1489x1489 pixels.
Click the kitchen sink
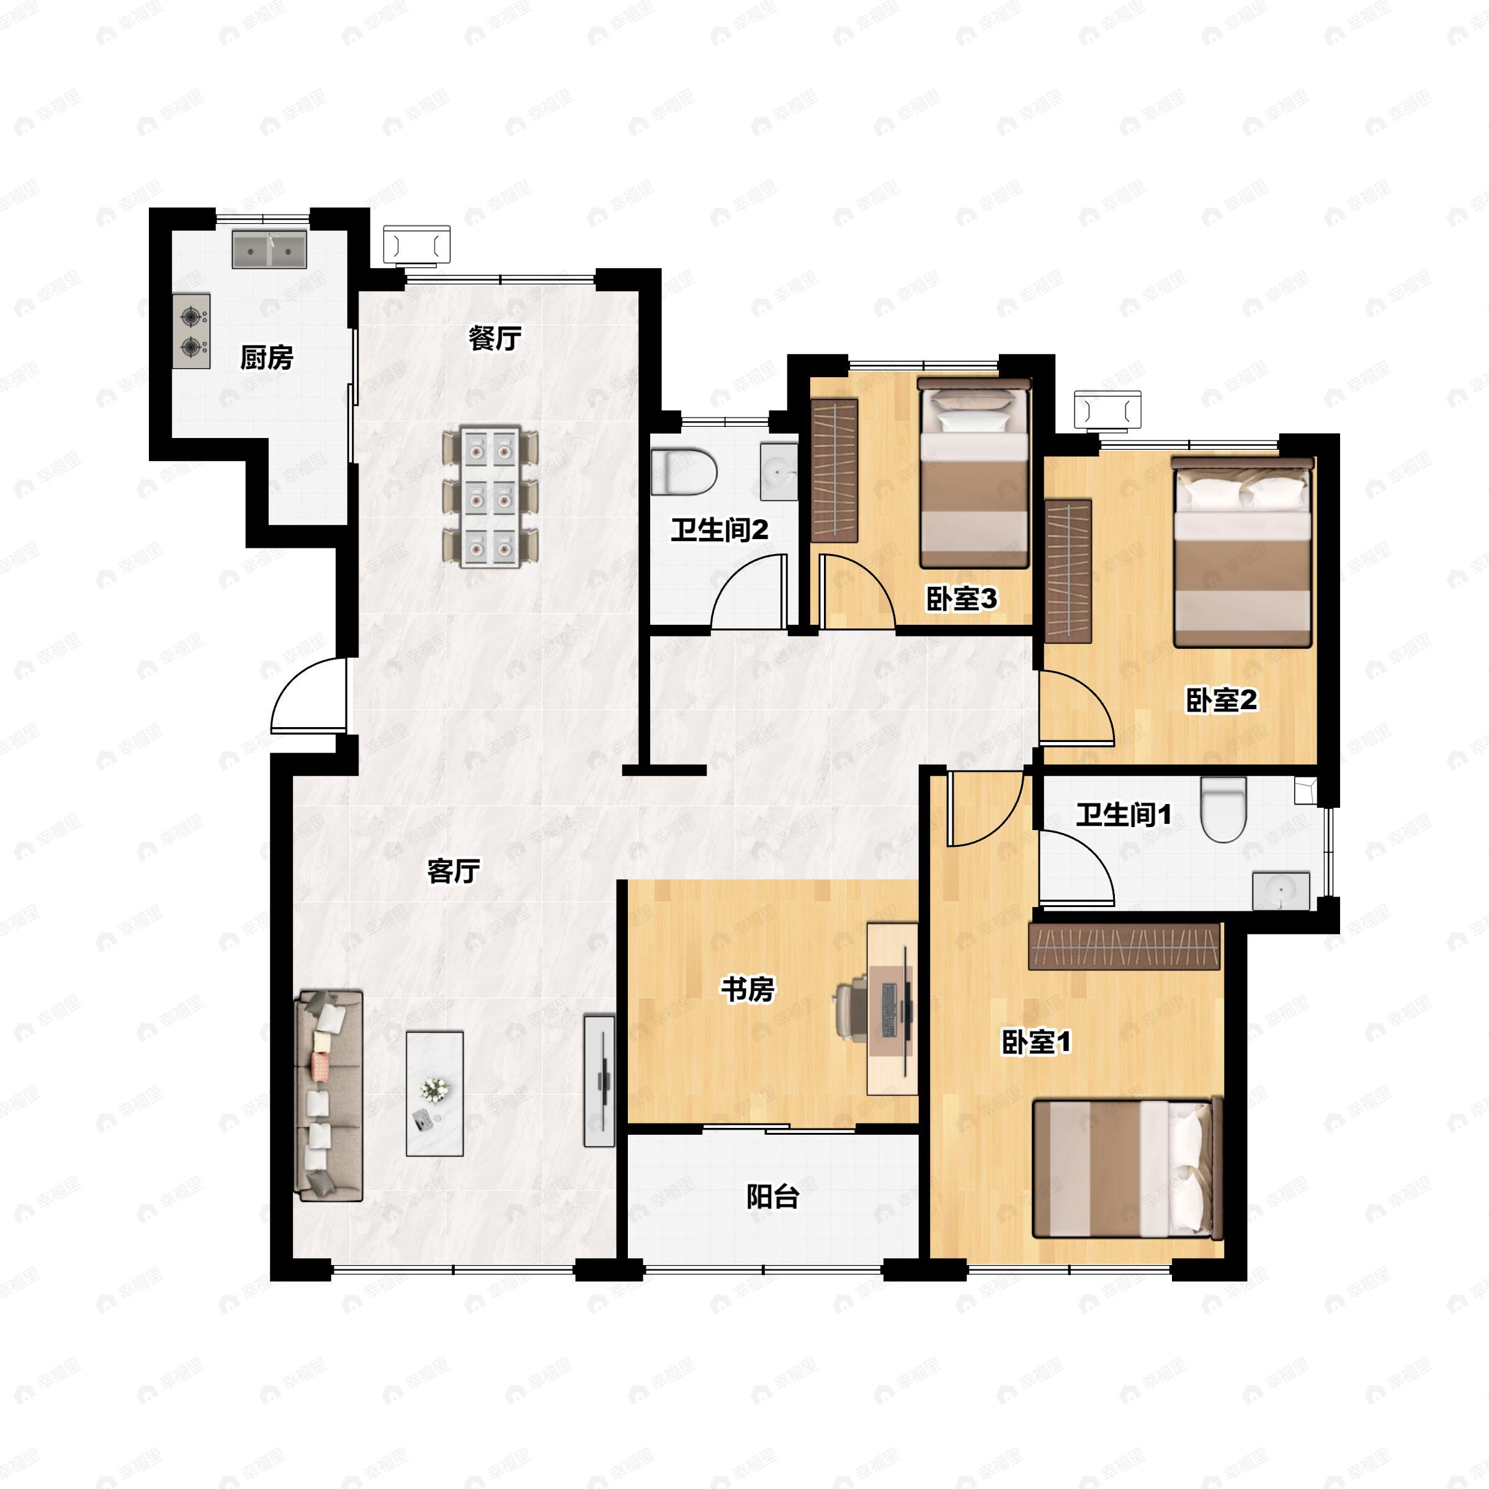[x=270, y=249]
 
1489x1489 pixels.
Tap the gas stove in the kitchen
[x=191, y=331]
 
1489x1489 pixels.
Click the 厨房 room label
[x=267, y=357]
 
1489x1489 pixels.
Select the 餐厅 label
[x=495, y=338]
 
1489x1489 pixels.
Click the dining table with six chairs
[x=490, y=497]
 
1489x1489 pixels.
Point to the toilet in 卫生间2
[x=684, y=472]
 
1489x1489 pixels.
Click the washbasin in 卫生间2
[x=779, y=471]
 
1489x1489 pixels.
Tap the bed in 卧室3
[x=974, y=473]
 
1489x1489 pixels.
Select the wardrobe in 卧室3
[x=834, y=471]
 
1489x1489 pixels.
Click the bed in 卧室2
[x=1242, y=552]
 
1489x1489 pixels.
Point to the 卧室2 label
[x=1221, y=700]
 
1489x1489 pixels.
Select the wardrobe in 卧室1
[x=1124, y=946]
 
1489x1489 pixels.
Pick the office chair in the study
[x=851, y=1009]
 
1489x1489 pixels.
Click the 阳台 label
[x=773, y=1197]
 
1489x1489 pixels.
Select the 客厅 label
[x=453, y=872]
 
